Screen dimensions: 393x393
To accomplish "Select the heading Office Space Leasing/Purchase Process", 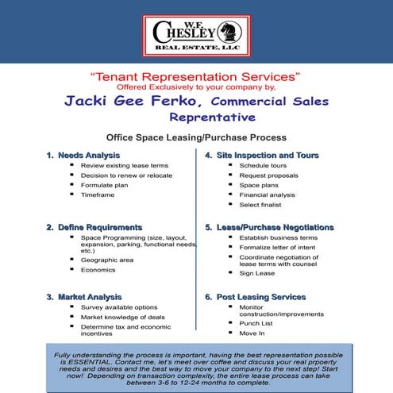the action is [196, 136].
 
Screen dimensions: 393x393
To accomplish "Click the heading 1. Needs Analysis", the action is [83, 155].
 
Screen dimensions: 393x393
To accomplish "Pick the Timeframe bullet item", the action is [98, 195].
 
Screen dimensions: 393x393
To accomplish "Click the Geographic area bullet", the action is [108, 260].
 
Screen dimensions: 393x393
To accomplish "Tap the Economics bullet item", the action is [98, 270].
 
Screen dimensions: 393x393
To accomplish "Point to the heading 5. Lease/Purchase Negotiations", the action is [281, 228].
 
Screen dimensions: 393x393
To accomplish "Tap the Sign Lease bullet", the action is [256, 273].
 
